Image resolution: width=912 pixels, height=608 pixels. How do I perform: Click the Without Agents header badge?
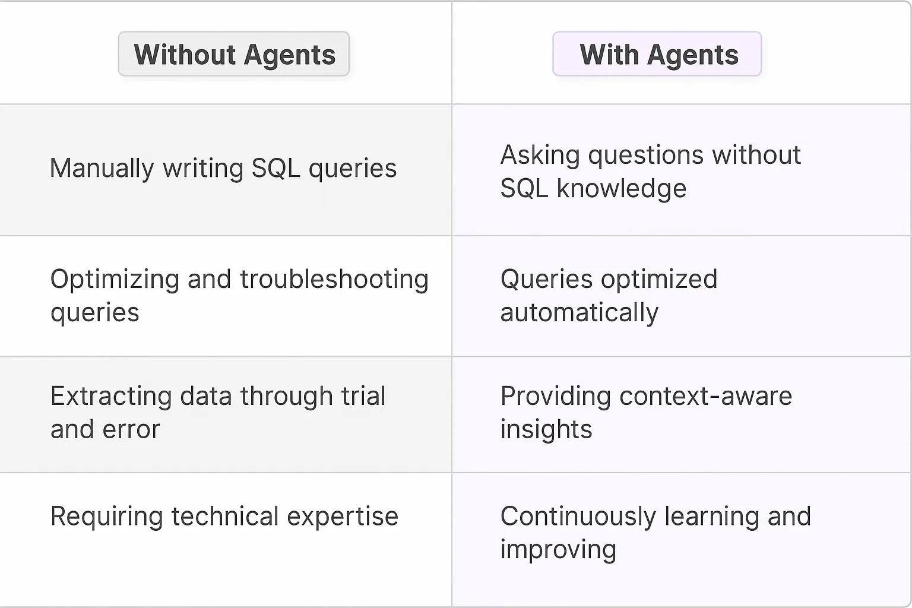(x=234, y=54)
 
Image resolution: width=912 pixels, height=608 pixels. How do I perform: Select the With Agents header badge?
(x=657, y=54)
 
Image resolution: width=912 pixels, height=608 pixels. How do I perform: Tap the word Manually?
(x=102, y=168)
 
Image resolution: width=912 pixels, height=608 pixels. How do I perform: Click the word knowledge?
(x=621, y=189)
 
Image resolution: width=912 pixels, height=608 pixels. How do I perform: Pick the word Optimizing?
(x=115, y=280)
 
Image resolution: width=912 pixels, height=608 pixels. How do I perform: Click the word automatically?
(x=579, y=312)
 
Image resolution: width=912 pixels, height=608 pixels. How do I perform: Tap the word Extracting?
(x=111, y=396)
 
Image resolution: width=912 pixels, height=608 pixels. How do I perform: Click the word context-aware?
(x=705, y=396)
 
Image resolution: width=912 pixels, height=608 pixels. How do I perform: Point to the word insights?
(x=546, y=429)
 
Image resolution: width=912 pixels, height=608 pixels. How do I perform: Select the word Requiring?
(x=106, y=517)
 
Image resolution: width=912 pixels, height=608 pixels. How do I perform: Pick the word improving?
(x=558, y=550)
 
